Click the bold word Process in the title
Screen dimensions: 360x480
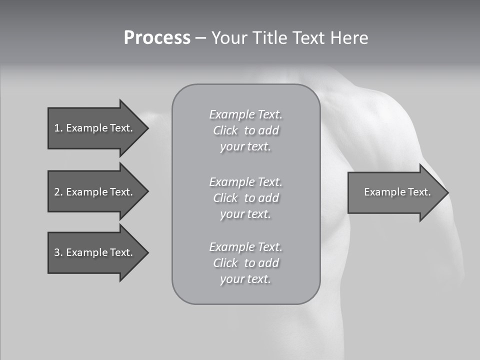(157, 38)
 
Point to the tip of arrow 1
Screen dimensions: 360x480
(147, 128)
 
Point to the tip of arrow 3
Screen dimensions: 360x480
(147, 252)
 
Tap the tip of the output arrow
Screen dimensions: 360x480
(447, 192)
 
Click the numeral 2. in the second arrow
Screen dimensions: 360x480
(58, 192)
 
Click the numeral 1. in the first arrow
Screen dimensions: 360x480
(58, 128)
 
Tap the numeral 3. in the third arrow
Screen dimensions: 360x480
(58, 252)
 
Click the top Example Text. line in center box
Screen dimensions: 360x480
(245, 114)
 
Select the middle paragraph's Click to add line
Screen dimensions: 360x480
(245, 198)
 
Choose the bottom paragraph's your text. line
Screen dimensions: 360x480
(245, 279)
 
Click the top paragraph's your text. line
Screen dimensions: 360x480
(245, 147)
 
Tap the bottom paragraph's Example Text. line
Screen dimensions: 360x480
(245, 247)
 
